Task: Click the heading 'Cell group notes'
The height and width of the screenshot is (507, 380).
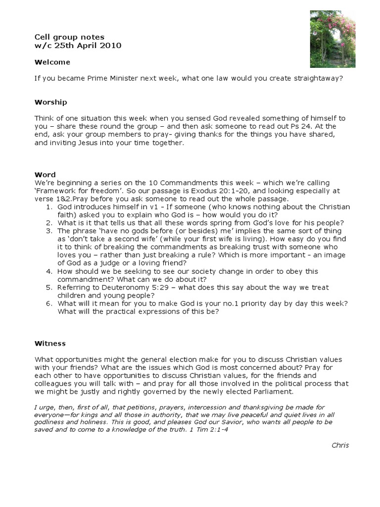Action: pyautogui.click(x=69, y=37)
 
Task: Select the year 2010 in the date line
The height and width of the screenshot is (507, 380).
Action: pyautogui.click(x=111, y=46)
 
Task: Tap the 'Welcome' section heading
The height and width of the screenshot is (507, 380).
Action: pyautogui.click(x=52, y=62)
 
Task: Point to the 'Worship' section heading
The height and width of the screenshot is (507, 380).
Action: pyautogui.click(x=50, y=102)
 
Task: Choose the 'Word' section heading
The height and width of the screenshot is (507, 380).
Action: pyautogui.click(x=45, y=175)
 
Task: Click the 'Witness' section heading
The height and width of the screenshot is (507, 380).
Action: pyautogui.click(x=50, y=343)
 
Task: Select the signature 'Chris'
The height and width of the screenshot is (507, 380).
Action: pyautogui.click(x=340, y=445)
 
